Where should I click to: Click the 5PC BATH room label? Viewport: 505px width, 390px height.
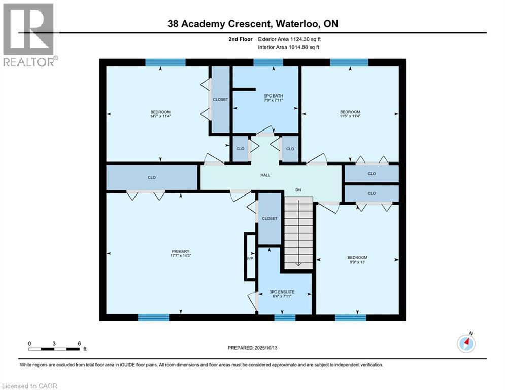click(274, 96)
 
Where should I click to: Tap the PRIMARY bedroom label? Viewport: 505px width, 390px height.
click(181, 251)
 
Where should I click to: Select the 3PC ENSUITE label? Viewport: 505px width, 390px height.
click(282, 291)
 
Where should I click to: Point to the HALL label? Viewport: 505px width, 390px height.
click(265, 175)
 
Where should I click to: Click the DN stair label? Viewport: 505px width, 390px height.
click(298, 190)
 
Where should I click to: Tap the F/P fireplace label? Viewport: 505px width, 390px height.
click(250, 259)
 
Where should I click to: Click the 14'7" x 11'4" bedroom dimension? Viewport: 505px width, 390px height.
click(160, 116)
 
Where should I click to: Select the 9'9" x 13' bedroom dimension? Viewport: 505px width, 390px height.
click(357, 262)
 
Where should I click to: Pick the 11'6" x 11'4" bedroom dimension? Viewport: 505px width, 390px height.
click(350, 116)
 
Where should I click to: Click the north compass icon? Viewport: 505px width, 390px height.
click(466, 343)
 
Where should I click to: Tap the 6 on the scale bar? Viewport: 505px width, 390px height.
click(79, 344)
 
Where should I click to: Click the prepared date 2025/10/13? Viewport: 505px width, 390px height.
click(266, 348)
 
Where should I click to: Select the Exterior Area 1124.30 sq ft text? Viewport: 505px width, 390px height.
click(289, 39)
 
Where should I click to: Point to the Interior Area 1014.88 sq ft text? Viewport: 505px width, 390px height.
click(289, 47)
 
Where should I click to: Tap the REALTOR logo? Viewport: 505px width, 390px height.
click(29, 35)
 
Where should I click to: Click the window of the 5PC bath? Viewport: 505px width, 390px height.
click(268, 62)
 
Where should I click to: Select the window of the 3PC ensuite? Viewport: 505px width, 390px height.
click(285, 317)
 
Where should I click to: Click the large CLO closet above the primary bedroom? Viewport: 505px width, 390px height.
click(152, 177)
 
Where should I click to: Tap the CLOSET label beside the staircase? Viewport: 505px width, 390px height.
click(270, 218)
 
